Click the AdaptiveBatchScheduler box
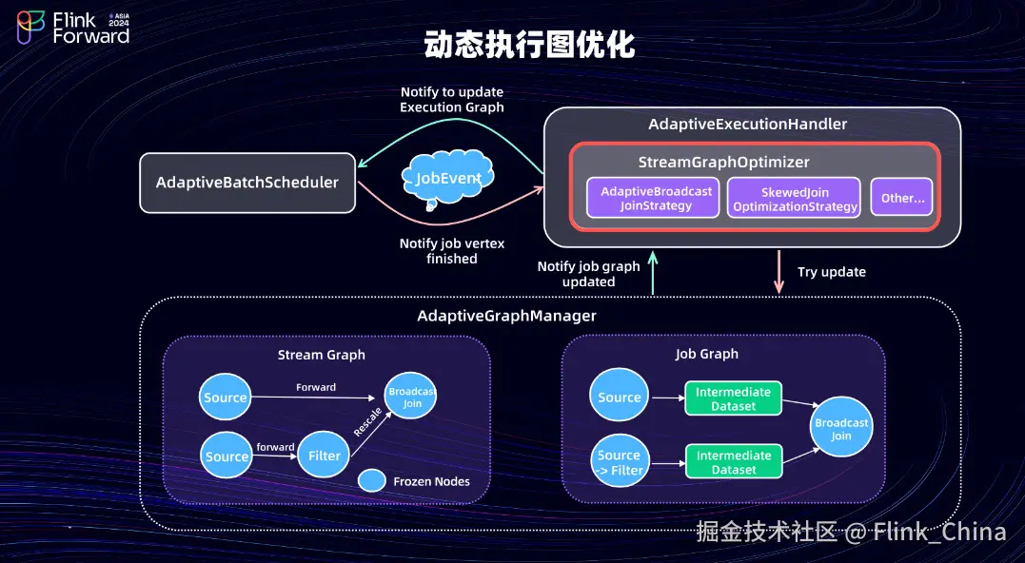[247, 182]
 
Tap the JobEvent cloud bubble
[448, 178]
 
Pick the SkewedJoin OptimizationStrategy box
[795, 199]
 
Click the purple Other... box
[902, 198]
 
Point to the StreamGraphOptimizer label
[723, 163]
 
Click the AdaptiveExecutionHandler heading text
[747, 125]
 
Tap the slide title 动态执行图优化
[529, 45]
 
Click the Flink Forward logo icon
[30, 28]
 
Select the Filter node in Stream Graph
[325, 456]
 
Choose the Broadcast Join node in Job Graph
[841, 429]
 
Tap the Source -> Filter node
[620, 462]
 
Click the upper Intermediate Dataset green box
[733, 398]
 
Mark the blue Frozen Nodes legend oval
[371, 481]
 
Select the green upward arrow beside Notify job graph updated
[653, 273]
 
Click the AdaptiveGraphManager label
[506, 316]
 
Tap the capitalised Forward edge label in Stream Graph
[316, 387]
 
